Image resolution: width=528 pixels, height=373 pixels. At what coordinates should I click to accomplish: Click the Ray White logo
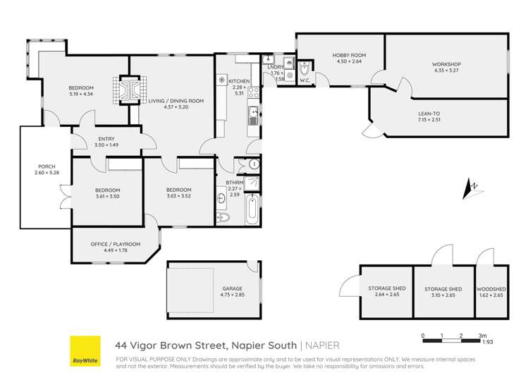click(x=83, y=350)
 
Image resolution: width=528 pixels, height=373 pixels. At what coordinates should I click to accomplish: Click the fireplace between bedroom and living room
click(x=129, y=89)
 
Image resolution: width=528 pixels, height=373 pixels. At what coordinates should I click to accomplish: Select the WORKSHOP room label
click(x=446, y=64)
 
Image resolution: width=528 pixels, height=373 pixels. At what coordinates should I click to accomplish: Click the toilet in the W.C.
click(x=305, y=70)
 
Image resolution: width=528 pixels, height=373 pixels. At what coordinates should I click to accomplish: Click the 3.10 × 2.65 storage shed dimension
click(x=443, y=295)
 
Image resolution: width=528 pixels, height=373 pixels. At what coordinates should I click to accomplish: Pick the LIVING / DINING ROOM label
click(x=176, y=101)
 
